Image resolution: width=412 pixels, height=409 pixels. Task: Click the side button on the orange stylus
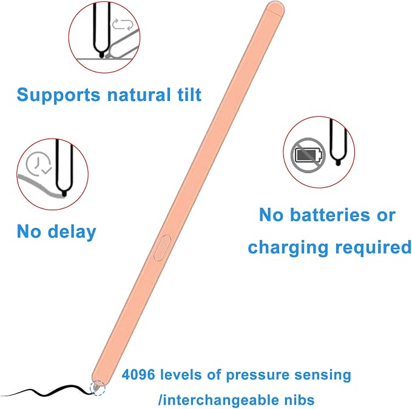[162, 248]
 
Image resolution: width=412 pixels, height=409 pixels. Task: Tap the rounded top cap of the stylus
[275, 8]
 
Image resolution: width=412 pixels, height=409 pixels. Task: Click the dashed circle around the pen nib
[98, 388]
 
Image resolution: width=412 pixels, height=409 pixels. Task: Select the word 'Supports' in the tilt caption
[58, 95]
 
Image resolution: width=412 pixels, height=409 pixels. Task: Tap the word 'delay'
[72, 232]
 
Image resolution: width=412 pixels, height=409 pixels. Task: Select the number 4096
[138, 374]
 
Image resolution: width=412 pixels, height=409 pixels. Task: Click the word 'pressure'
[257, 376]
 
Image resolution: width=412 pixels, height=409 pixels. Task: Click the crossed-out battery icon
[308, 155]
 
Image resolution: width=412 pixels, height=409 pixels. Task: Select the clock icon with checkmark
[38, 163]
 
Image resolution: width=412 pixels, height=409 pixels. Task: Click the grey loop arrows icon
[123, 24]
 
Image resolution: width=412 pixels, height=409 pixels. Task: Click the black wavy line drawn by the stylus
[47, 391]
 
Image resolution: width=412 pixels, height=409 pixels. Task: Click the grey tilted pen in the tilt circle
[122, 44]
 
